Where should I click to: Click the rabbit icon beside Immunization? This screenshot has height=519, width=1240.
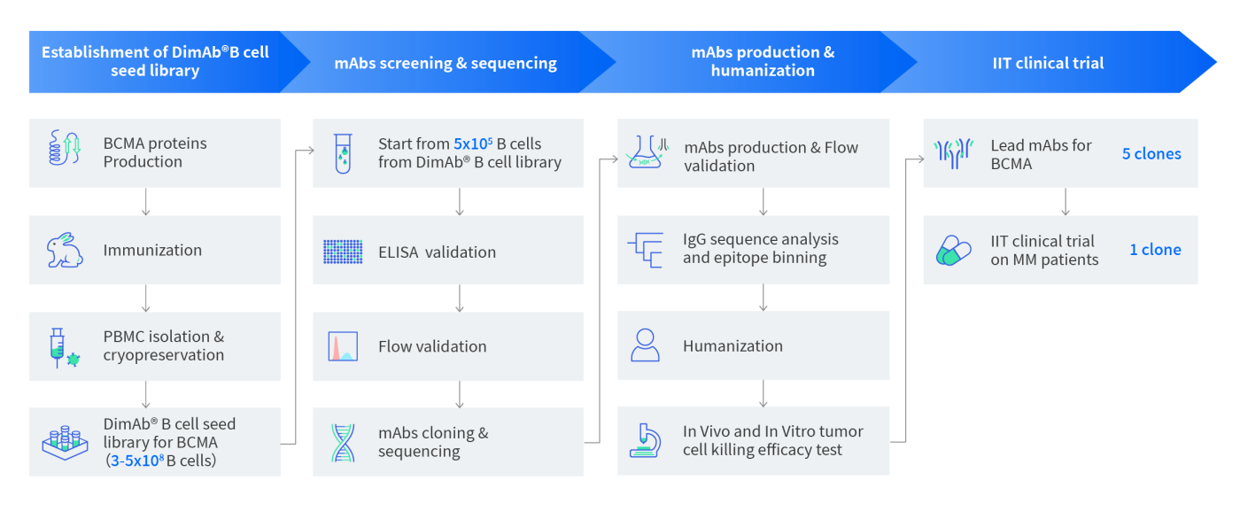pyautogui.click(x=65, y=251)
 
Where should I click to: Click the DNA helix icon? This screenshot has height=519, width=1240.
pyautogui.click(x=343, y=443)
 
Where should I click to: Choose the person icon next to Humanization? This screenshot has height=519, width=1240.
pyautogui.click(x=645, y=345)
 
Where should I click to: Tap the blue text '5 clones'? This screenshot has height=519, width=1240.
pyautogui.click(x=1151, y=154)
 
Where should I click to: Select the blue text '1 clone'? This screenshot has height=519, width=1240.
pyautogui.click(x=1155, y=250)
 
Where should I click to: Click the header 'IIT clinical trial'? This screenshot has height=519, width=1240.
pyautogui.click(x=1048, y=63)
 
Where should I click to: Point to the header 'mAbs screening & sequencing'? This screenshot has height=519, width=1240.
pyautogui.click(x=446, y=63)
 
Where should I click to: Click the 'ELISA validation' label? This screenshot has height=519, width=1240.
pyautogui.click(x=437, y=252)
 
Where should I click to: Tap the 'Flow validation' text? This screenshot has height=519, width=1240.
pyautogui.click(x=432, y=346)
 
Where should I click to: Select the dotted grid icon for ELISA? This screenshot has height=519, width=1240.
pyautogui.click(x=343, y=252)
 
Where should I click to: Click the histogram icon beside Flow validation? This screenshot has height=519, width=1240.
pyautogui.click(x=343, y=346)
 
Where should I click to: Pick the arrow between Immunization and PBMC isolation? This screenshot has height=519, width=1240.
pyautogui.click(x=146, y=298)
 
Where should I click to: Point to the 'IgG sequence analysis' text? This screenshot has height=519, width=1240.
pyautogui.click(x=760, y=240)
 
